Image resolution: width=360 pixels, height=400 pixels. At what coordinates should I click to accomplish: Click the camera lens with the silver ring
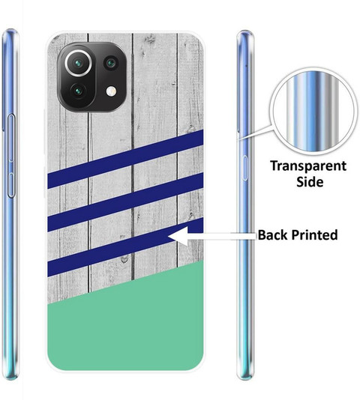[78, 63]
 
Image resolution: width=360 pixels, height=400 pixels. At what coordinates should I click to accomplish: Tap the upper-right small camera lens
[111, 63]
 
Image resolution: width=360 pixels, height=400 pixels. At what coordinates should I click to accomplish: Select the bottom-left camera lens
[78, 91]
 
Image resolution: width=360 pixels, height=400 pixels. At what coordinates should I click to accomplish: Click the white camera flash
[112, 91]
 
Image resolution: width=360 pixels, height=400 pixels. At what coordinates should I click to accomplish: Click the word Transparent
[308, 166]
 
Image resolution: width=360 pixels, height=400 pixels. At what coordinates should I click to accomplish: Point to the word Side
[310, 182]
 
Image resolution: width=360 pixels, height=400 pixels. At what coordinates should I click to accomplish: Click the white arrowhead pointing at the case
[178, 236]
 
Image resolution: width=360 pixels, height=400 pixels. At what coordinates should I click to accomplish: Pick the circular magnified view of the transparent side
[313, 112]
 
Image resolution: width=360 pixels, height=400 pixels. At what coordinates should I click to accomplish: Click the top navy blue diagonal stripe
[125, 160]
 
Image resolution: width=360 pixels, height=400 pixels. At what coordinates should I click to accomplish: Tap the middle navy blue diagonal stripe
[125, 202]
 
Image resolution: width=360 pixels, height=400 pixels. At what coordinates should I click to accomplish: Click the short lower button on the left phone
[11, 185]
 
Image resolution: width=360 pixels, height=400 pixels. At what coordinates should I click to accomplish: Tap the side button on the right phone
[244, 168]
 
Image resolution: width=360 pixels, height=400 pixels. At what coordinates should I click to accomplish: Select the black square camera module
[92, 77]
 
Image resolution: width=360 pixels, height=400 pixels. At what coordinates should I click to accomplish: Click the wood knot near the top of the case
[151, 39]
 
